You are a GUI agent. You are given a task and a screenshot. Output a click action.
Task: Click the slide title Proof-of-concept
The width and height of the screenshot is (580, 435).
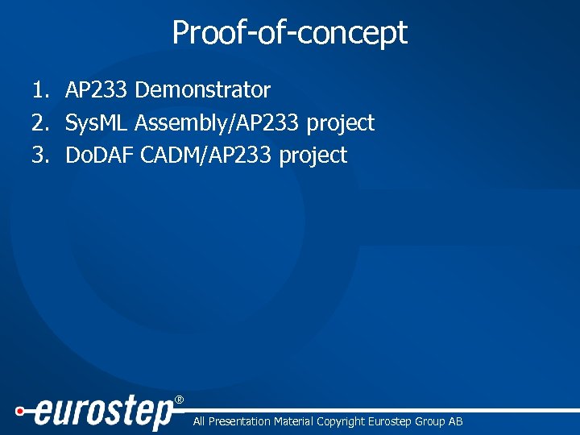click(x=290, y=33)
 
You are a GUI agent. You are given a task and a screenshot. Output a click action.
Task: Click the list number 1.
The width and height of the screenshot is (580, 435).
click(x=39, y=90)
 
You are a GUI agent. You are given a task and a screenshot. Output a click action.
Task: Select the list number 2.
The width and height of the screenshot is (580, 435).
click(x=39, y=123)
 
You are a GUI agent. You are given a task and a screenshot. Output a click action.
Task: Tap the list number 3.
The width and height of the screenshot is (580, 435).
click(x=39, y=155)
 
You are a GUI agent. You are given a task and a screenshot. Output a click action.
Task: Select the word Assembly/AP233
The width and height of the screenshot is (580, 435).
click(x=217, y=123)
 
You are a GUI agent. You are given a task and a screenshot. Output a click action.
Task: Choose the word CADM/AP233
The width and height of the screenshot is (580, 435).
click(x=205, y=155)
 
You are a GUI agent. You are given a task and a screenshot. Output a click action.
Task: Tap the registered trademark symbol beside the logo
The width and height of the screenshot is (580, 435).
click(x=179, y=400)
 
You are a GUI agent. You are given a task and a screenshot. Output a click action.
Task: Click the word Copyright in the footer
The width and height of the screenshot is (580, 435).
click(x=340, y=421)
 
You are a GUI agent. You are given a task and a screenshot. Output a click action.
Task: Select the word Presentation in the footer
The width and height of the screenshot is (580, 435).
click(x=238, y=421)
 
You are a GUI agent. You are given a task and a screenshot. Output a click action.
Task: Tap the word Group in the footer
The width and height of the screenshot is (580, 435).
click(x=426, y=421)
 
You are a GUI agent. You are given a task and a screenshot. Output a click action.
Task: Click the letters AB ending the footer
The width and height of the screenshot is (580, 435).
click(x=455, y=421)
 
